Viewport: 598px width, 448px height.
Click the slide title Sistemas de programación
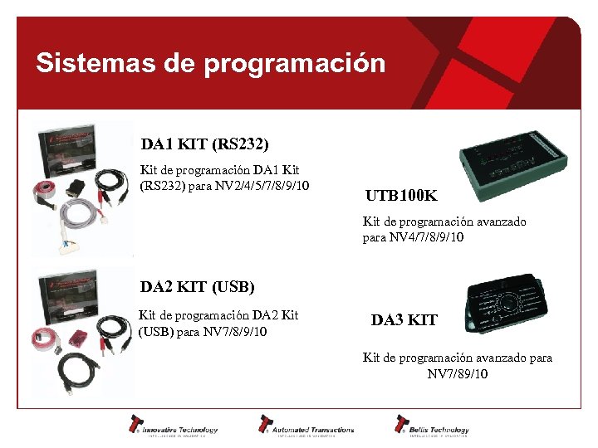(210, 64)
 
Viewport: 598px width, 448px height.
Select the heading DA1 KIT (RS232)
(204, 145)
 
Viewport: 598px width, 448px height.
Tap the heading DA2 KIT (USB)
(197, 288)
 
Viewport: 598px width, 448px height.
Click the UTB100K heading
(401, 197)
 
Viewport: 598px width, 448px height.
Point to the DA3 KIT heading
(404, 320)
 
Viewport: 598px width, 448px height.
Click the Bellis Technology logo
(431, 426)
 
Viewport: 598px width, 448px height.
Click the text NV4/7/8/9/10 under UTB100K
(413, 237)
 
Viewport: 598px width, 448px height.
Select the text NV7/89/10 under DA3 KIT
(458, 374)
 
